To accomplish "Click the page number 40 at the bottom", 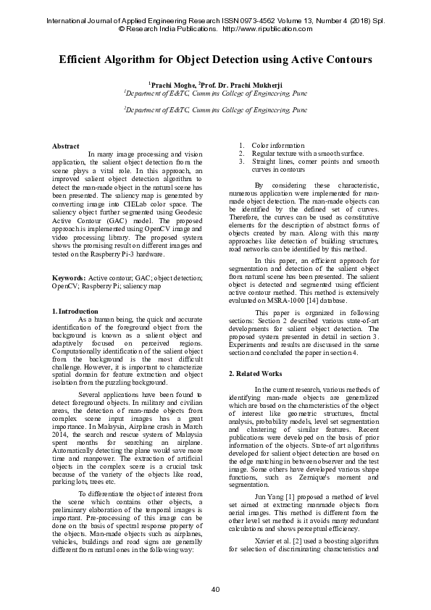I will pyautogui.click(x=215, y=588).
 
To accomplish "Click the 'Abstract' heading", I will pyautogui.click(x=65, y=146).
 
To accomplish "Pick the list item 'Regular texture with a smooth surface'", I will pyautogui.click(x=308, y=154).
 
